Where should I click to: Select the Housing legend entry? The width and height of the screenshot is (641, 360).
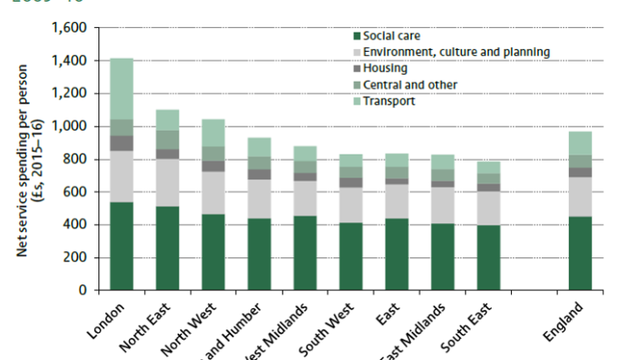point(385,68)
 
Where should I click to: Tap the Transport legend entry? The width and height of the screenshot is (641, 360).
point(390,101)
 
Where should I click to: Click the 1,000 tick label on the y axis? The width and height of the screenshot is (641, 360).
point(67,126)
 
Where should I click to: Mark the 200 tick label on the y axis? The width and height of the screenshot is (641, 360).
point(72,257)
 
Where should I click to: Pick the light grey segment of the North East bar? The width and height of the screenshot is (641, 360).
point(167,182)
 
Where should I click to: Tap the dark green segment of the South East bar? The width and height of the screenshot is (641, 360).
point(488,257)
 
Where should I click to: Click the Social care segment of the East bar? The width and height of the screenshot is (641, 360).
point(396,249)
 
